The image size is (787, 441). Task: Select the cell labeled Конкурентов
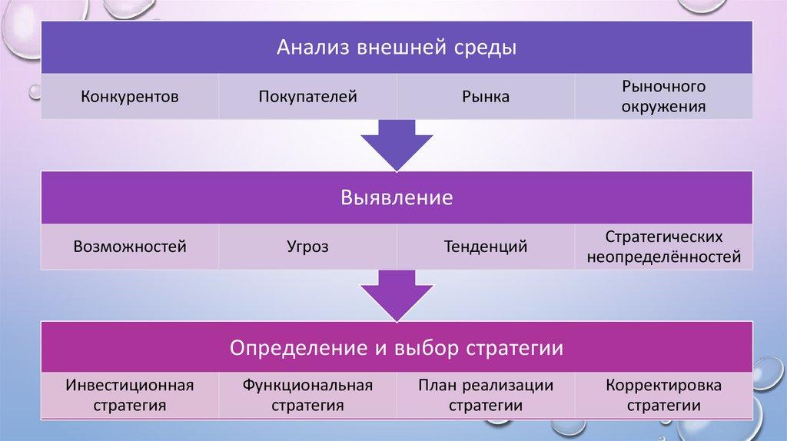(130, 97)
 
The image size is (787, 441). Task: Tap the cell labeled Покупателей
(307, 97)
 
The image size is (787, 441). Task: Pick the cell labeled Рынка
(486, 97)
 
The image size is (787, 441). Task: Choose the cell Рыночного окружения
(663, 97)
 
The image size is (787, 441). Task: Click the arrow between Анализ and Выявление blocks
(397, 144)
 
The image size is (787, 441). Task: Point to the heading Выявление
(396, 198)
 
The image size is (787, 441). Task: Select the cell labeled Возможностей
(130, 247)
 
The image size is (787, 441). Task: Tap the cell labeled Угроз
(307, 247)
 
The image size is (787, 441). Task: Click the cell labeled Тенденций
(486, 247)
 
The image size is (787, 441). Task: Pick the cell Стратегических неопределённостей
(663, 247)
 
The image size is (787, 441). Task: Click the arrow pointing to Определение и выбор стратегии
(397, 293)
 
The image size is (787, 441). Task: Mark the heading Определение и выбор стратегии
(396, 348)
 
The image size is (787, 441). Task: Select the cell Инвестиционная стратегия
(130, 395)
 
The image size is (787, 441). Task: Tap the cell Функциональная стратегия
(307, 395)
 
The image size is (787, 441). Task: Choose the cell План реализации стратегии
(486, 395)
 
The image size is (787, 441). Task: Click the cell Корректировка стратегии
(663, 395)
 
